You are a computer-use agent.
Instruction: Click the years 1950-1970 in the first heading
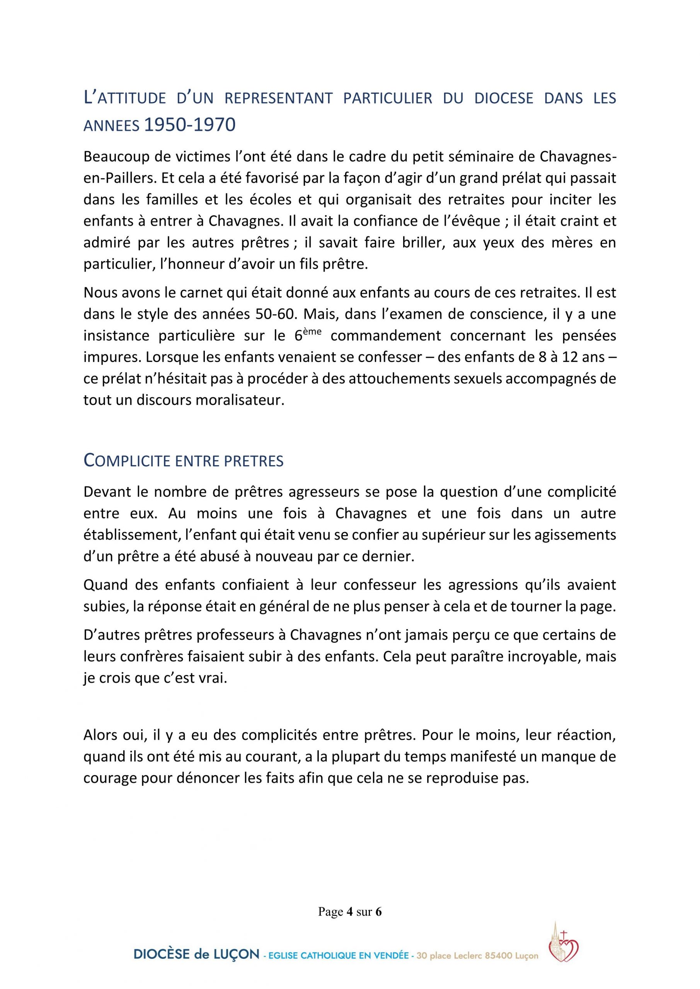(x=189, y=124)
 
